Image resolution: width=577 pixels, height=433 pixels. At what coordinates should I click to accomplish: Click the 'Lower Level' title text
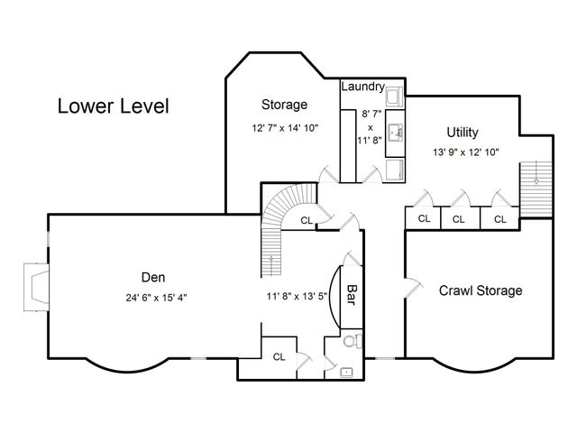[x=113, y=106]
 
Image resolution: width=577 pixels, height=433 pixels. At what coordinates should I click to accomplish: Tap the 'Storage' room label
[x=284, y=105]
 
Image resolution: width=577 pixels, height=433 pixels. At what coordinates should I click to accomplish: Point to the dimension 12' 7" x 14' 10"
[x=285, y=128]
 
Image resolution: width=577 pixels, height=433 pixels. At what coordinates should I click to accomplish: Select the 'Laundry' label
[x=363, y=88]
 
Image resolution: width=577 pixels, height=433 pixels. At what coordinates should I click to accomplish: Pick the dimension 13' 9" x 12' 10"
[x=465, y=152]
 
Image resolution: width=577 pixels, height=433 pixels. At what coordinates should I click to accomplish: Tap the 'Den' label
[x=152, y=277]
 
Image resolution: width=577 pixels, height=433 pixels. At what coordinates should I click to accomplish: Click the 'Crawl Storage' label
[x=481, y=290]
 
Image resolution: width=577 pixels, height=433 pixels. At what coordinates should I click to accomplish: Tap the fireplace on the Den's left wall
[x=34, y=286]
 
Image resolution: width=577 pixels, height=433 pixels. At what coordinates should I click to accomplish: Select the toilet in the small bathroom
[x=354, y=341]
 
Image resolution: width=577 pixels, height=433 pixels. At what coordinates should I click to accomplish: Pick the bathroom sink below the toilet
[x=346, y=369]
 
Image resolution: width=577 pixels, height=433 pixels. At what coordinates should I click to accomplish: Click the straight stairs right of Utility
[x=538, y=186]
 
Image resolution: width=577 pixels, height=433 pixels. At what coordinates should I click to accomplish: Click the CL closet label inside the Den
[x=279, y=356]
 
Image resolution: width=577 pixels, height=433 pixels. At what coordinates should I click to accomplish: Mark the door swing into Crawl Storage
[x=413, y=288]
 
